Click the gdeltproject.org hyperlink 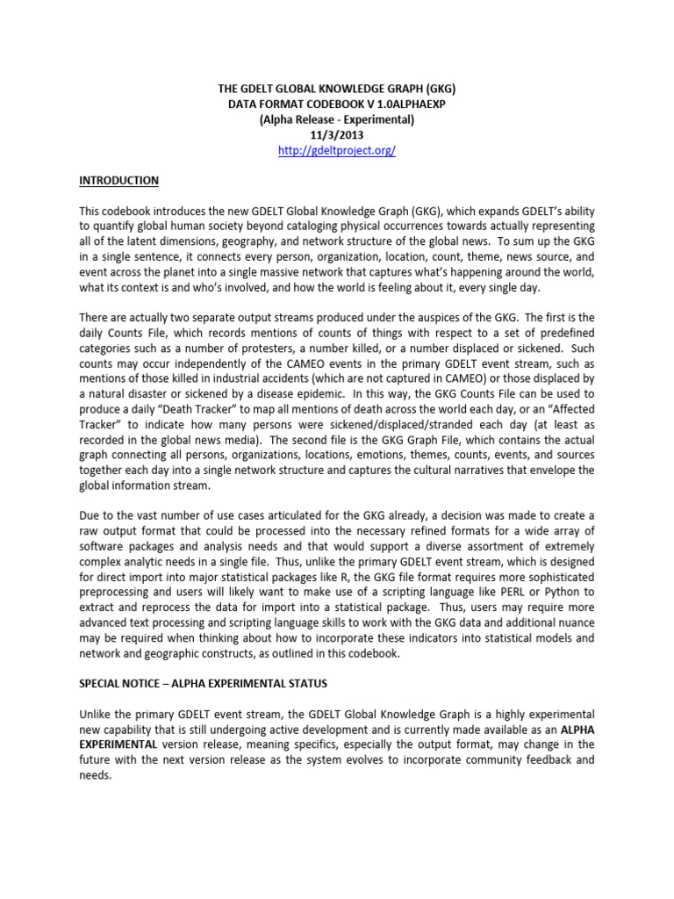(337, 150)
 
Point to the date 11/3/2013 (337, 134)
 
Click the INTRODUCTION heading (119, 181)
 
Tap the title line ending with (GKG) (337, 88)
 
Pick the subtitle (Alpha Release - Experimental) (337, 119)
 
